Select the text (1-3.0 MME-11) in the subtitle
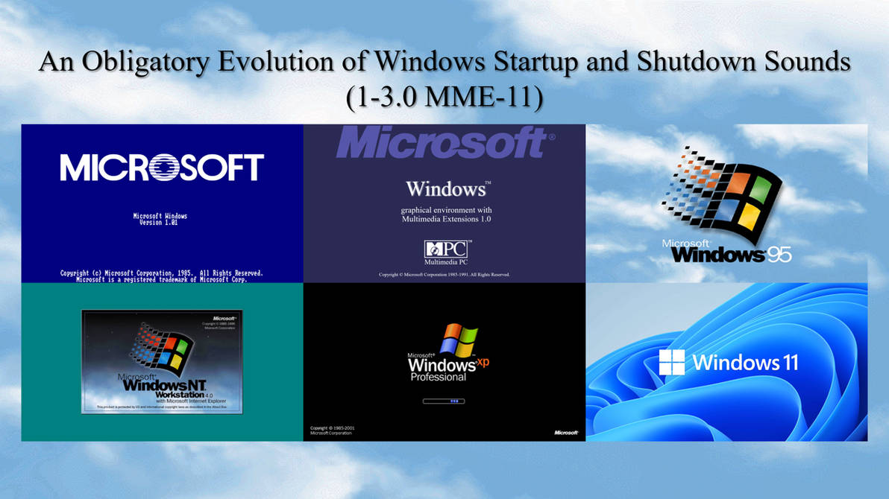444,96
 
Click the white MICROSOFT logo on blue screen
162,168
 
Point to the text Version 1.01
160,223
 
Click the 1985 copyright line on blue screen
162,273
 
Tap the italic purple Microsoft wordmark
441,142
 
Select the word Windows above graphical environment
445,188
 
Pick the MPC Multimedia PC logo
447,251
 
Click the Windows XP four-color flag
457,340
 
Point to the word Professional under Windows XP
439,378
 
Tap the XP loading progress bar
444,401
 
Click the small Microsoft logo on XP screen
566,433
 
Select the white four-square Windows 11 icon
671,363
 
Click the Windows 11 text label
745,363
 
